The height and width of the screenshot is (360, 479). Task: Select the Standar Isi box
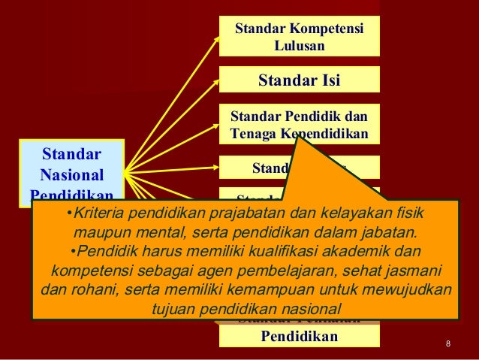tap(299, 80)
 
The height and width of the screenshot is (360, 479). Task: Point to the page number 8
tap(448, 344)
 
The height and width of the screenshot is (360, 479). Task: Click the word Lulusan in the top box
tap(299, 46)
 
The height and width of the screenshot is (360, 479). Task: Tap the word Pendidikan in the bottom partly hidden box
tap(299, 335)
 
